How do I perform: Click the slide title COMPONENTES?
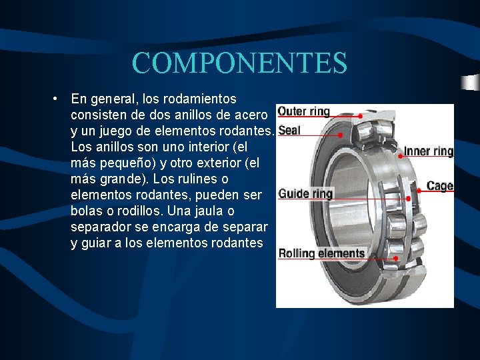(239, 63)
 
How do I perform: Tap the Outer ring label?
(303, 111)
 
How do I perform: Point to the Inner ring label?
(429, 151)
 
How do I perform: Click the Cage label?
(440, 186)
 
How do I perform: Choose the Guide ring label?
(305, 194)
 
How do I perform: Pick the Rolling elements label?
(321, 253)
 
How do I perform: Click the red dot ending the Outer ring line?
(361, 116)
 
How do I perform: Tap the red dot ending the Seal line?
(341, 135)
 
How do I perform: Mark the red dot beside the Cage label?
(419, 190)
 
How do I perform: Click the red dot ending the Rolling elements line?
(396, 258)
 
